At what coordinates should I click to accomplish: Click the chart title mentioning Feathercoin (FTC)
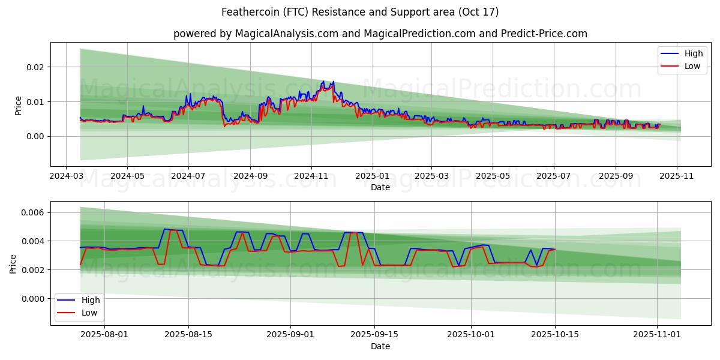click(x=360, y=12)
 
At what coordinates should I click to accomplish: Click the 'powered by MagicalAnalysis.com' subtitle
click(x=380, y=34)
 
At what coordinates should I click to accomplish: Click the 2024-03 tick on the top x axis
click(x=67, y=177)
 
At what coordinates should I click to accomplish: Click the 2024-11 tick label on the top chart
click(x=311, y=177)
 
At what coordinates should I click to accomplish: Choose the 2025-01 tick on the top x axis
click(x=373, y=177)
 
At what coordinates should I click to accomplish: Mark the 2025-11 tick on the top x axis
click(x=677, y=177)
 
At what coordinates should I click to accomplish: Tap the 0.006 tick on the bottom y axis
click(x=33, y=212)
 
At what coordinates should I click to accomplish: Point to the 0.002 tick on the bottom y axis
click(x=33, y=270)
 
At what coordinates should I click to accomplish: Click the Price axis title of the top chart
click(x=18, y=106)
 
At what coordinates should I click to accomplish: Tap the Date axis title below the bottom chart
click(x=380, y=346)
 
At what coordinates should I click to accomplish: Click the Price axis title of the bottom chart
click(x=13, y=264)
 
